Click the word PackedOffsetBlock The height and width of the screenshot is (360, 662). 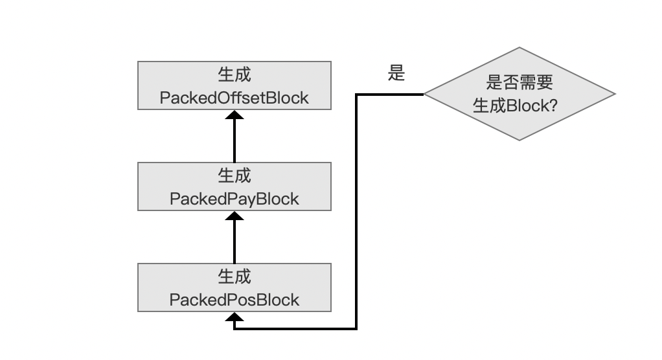pos(234,98)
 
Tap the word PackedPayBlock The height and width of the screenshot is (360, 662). pos(234,199)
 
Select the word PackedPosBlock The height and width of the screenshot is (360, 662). pos(234,300)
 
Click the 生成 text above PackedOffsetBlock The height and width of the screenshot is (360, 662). pos(234,74)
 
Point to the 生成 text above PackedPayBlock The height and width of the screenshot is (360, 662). pos(234,175)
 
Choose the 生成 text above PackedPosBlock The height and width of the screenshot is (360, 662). pos(234,277)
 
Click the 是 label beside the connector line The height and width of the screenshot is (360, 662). pos(396,73)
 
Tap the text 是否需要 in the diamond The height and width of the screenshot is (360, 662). pos(519,82)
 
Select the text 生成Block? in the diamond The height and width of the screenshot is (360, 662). pos(515,106)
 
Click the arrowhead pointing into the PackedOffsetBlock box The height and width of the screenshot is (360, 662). pos(234,115)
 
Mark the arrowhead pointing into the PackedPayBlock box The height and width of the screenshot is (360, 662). pos(234,216)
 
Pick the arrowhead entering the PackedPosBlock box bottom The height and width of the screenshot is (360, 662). pos(234,317)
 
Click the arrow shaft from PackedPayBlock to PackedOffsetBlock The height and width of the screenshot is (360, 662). pos(234,141)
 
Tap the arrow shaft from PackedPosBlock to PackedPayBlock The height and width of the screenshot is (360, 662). pos(234,242)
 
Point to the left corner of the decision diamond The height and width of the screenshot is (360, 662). pos(424,94)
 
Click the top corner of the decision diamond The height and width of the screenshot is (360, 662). pos(519,47)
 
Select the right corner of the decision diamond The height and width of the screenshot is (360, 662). pos(615,94)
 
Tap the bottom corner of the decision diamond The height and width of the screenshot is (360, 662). pos(519,140)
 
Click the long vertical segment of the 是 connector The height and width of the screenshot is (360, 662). pos(356,212)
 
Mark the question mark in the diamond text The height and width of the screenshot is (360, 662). pos(553,106)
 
